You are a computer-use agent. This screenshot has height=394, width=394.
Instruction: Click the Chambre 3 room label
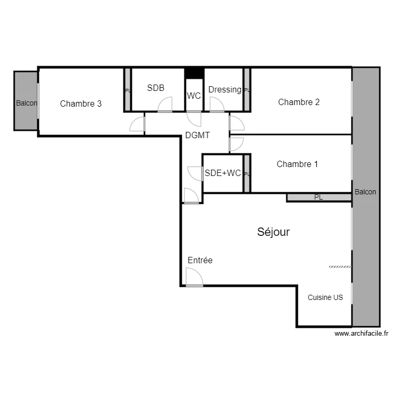pos(80,103)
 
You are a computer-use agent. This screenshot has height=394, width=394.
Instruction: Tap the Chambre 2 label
pos(298,102)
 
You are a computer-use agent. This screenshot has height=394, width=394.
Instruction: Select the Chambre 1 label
pos(297,164)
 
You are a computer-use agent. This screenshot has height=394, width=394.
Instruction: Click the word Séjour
pos(273,232)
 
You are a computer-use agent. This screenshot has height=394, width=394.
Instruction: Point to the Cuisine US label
pos(325,297)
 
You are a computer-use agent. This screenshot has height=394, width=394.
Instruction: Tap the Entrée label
pos(200,260)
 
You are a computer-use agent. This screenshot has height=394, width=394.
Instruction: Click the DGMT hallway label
pos(198,135)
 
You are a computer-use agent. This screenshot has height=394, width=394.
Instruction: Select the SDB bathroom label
pos(155,88)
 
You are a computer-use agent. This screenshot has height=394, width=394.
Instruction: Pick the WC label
pos(194,96)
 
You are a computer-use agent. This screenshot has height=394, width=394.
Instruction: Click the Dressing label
pos(224,89)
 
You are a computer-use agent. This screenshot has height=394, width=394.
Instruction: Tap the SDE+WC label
pos(223,172)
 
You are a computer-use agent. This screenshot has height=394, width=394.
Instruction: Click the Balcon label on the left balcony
pos(26,103)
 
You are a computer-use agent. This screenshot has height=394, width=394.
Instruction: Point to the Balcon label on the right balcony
pos(365,192)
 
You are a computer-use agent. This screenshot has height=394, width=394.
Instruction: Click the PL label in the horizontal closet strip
pos(318,198)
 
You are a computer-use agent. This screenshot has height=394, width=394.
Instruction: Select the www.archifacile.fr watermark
pos(361,333)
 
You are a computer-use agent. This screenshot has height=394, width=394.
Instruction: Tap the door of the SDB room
pos(164,105)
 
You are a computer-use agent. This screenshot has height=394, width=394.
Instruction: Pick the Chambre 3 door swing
pos(138,124)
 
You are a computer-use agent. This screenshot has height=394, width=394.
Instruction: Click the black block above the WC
pos(194,72)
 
